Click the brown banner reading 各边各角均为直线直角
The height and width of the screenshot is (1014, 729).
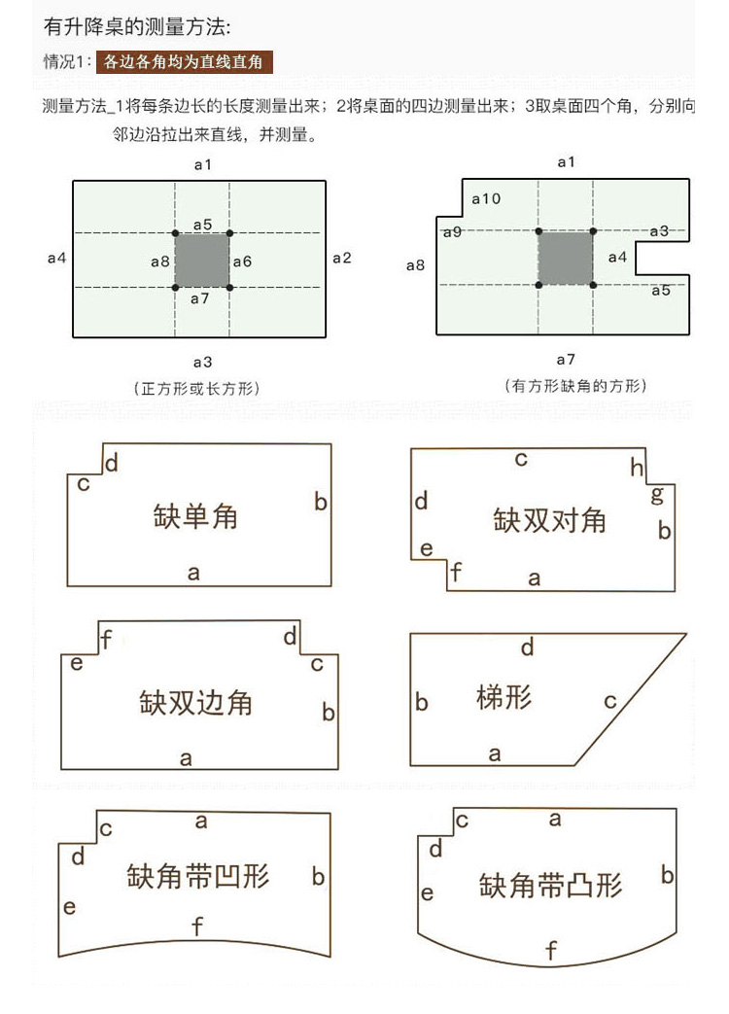click(x=184, y=62)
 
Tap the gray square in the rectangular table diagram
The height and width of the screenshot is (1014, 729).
click(x=202, y=260)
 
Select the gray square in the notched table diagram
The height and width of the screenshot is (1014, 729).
click(x=566, y=258)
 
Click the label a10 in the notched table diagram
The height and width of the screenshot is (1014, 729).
click(x=486, y=198)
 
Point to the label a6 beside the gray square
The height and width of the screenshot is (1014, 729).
click(x=242, y=262)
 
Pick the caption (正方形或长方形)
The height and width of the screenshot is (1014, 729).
click(x=197, y=388)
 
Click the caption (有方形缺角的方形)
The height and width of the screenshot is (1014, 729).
click(x=575, y=385)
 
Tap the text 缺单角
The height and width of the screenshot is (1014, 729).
click(x=195, y=516)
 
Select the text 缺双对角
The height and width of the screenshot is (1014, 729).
click(x=549, y=520)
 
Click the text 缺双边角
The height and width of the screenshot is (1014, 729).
click(x=195, y=702)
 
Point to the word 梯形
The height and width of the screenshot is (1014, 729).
click(x=504, y=697)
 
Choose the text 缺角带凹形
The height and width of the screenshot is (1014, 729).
click(x=197, y=876)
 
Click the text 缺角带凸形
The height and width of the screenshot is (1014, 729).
click(x=550, y=885)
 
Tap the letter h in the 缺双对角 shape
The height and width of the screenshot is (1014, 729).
click(x=637, y=467)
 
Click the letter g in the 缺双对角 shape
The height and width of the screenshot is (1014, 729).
click(x=657, y=496)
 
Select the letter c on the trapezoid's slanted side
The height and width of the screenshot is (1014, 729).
click(x=609, y=701)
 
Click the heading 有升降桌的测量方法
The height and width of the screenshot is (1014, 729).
click(x=137, y=26)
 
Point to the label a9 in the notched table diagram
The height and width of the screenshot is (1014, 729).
click(x=452, y=231)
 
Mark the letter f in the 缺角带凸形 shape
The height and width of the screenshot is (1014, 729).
click(x=550, y=950)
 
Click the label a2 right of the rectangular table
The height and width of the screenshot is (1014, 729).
click(x=341, y=258)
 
